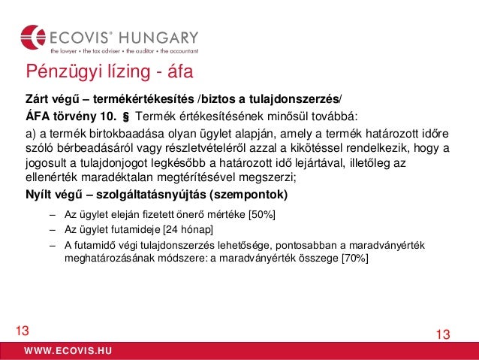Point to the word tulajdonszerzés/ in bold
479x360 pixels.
point(297,99)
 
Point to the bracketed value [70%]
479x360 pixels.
point(354,258)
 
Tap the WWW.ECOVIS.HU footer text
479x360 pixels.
point(68,351)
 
